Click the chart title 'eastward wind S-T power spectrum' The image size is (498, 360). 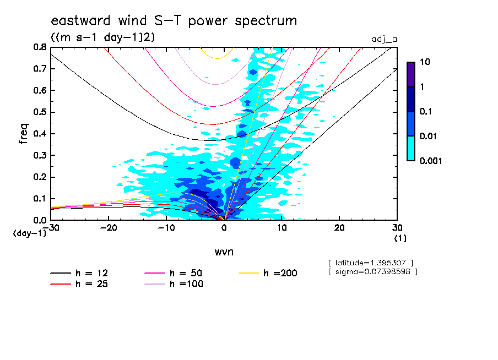click(x=174, y=21)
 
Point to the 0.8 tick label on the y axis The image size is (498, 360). click(x=39, y=47)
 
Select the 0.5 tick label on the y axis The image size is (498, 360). click(x=39, y=112)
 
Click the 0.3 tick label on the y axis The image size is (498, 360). click(x=39, y=156)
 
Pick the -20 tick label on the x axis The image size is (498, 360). click(x=109, y=228)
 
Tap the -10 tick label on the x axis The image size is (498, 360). click(x=166, y=228)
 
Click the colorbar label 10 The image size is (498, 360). click(x=425, y=62)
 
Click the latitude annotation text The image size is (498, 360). click(x=370, y=262)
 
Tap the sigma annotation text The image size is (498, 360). click(x=372, y=271)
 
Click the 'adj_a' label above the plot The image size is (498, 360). click(x=385, y=39)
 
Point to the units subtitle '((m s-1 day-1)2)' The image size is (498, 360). click(x=102, y=37)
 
